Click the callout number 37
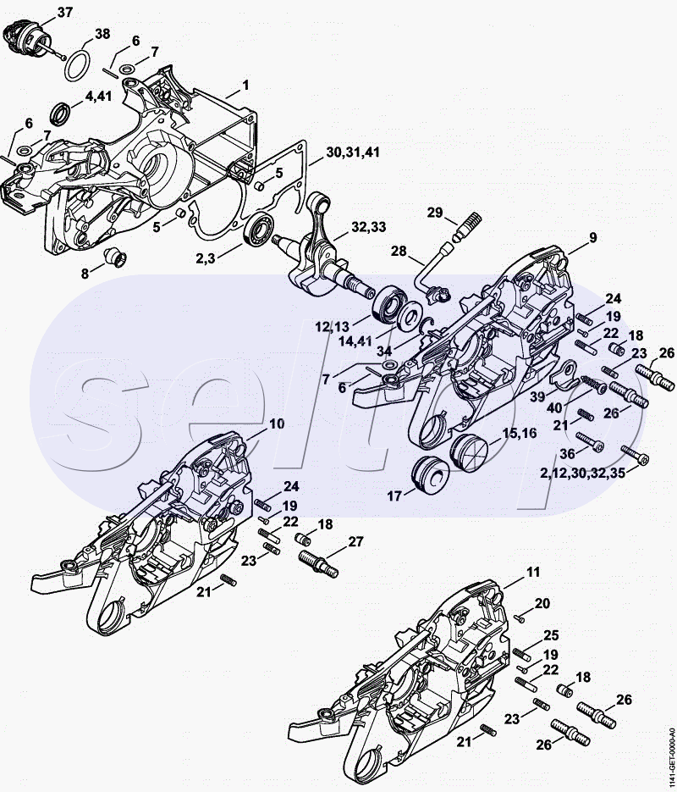[65, 13]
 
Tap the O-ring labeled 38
[78, 66]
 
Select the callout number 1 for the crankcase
[245, 86]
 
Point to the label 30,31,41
[353, 152]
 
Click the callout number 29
[435, 213]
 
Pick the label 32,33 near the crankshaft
[369, 227]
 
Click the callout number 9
[592, 237]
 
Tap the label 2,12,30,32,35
[582, 473]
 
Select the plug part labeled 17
[430, 476]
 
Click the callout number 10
[277, 424]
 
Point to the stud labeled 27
[318, 563]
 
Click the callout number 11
[533, 572]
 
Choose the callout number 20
[542, 603]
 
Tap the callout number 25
[551, 635]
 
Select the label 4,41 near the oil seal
[98, 97]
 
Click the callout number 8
[85, 274]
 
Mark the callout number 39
[537, 397]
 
